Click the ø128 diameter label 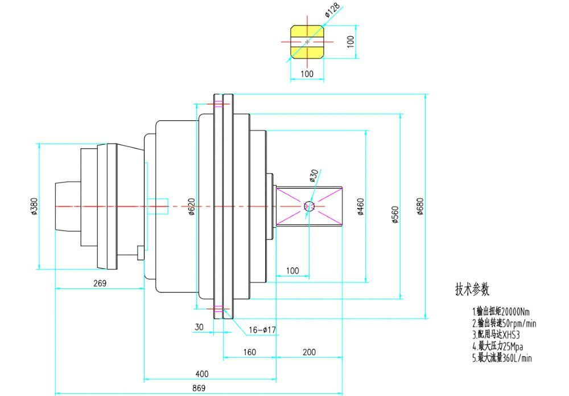point(332,10)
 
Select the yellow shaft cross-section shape point(307,42)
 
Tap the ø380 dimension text point(34,206)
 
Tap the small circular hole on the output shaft point(310,206)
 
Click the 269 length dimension point(100,283)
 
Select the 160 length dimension point(249,352)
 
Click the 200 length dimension point(309,352)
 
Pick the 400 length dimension point(201,374)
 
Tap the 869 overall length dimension point(199,388)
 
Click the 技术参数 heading point(472,289)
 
